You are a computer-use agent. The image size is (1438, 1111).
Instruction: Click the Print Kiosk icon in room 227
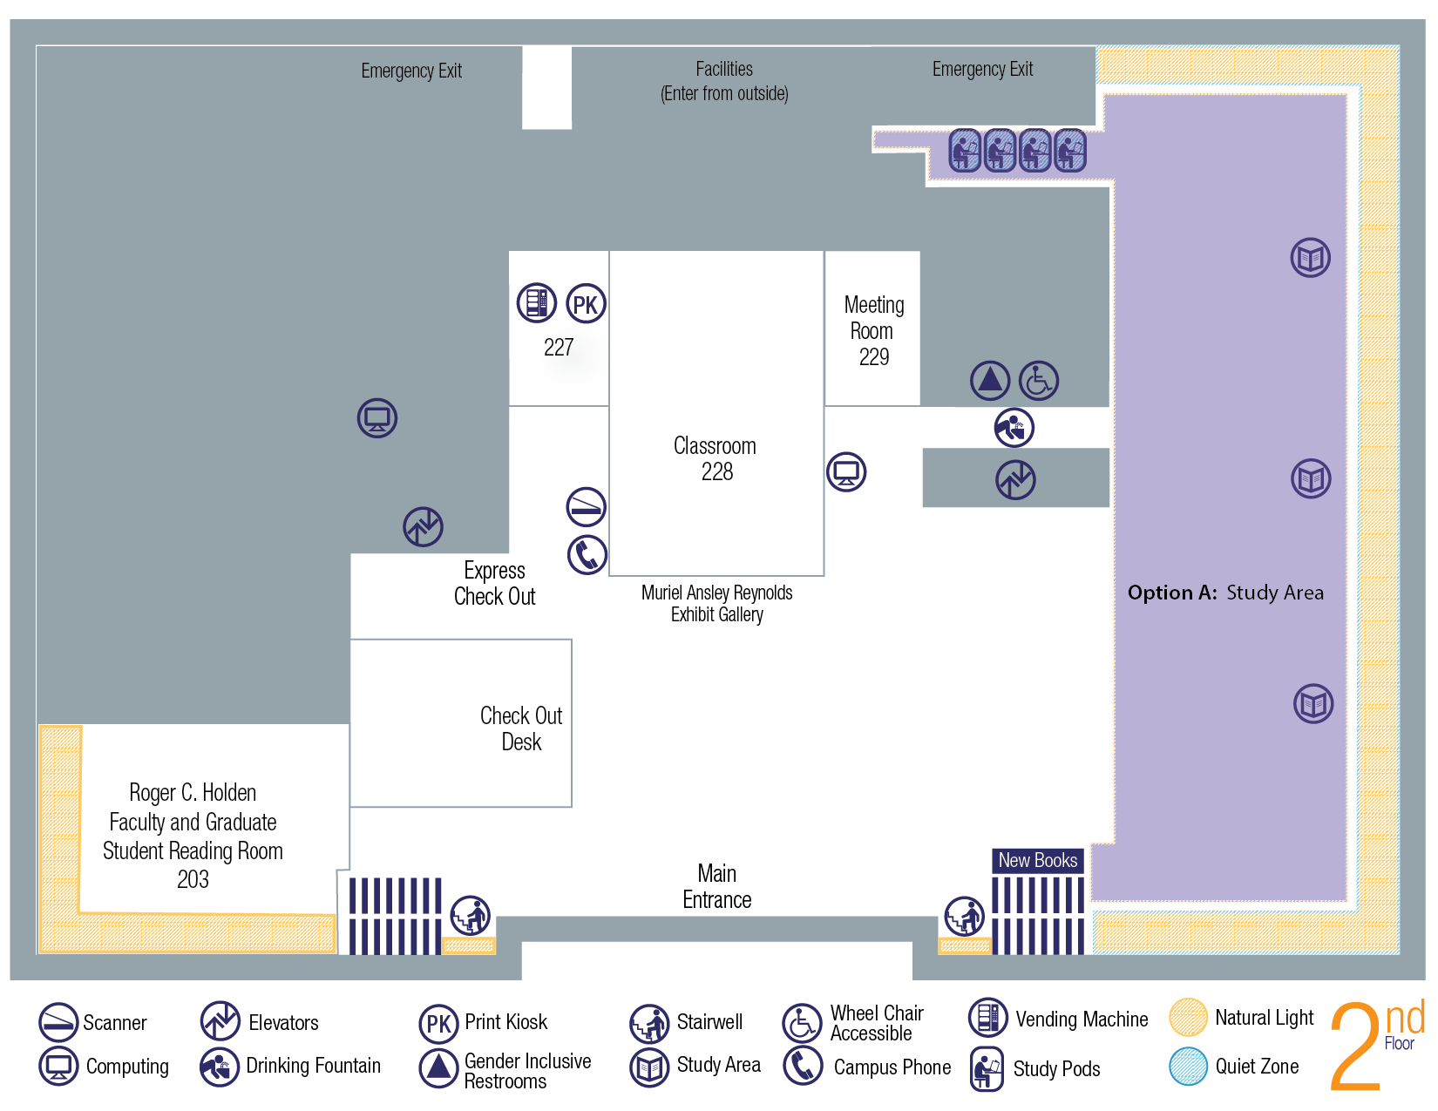coord(586,304)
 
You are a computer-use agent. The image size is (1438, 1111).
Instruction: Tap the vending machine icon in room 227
coord(536,303)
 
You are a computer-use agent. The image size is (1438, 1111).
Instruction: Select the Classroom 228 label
coord(716,458)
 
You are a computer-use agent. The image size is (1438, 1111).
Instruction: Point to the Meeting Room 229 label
coord(873,330)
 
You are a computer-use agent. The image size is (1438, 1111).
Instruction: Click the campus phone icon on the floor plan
coord(587,554)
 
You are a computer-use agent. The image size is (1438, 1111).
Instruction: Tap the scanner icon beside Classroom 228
coord(587,507)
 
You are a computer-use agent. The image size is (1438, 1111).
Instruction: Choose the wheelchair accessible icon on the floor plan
coord(1038,381)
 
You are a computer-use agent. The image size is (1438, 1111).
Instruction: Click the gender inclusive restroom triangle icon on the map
coord(990,381)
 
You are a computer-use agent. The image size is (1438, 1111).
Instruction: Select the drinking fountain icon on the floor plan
coord(1014,428)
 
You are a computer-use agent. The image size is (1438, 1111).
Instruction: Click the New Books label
coord(1038,860)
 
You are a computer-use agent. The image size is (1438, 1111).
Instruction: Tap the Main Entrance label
coord(716,887)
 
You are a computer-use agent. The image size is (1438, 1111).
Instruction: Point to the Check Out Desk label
coord(521,728)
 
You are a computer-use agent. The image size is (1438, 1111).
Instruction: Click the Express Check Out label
coord(494,583)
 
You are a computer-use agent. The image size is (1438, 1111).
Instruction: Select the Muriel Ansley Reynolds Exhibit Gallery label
coord(716,604)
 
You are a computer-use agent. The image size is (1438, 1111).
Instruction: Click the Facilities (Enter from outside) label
coord(724,81)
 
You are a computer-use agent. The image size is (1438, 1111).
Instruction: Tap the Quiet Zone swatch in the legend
coord(1188,1066)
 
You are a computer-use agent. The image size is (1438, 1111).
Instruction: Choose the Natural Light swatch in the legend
coord(1188,1017)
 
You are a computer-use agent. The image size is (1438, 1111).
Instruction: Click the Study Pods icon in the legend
coord(987,1068)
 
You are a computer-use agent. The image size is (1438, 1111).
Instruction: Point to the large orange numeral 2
coord(1357,1047)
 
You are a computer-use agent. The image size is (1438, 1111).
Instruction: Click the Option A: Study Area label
coord(1225,593)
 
